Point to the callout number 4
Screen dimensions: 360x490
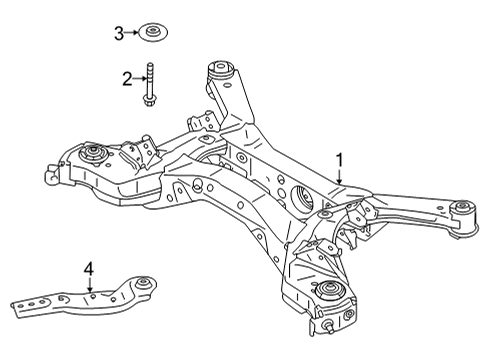(88, 268)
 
